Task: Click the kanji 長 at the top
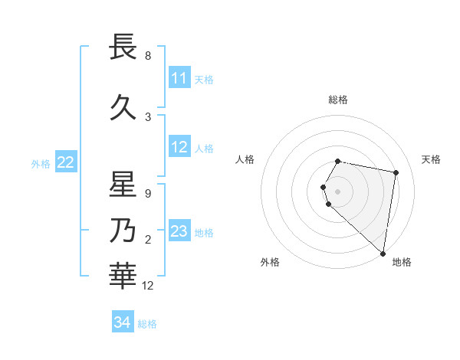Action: (x=123, y=47)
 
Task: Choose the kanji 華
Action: (x=123, y=277)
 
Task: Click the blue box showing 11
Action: (x=179, y=78)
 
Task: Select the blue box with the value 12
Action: (x=179, y=147)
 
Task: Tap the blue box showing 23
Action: (x=179, y=231)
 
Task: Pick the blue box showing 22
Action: (x=66, y=162)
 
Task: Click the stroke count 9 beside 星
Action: (x=148, y=194)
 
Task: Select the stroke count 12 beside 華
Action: (x=148, y=286)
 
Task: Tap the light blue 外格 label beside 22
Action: (x=41, y=163)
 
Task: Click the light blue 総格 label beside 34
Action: (x=147, y=324)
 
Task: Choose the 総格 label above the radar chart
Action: (x=338, y=100)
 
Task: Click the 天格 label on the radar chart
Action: (x=431, y=159)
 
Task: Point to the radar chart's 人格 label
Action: (x=245, y=159)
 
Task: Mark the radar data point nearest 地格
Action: (x=383, y=252)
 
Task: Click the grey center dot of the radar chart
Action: (x=338, y=191)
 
